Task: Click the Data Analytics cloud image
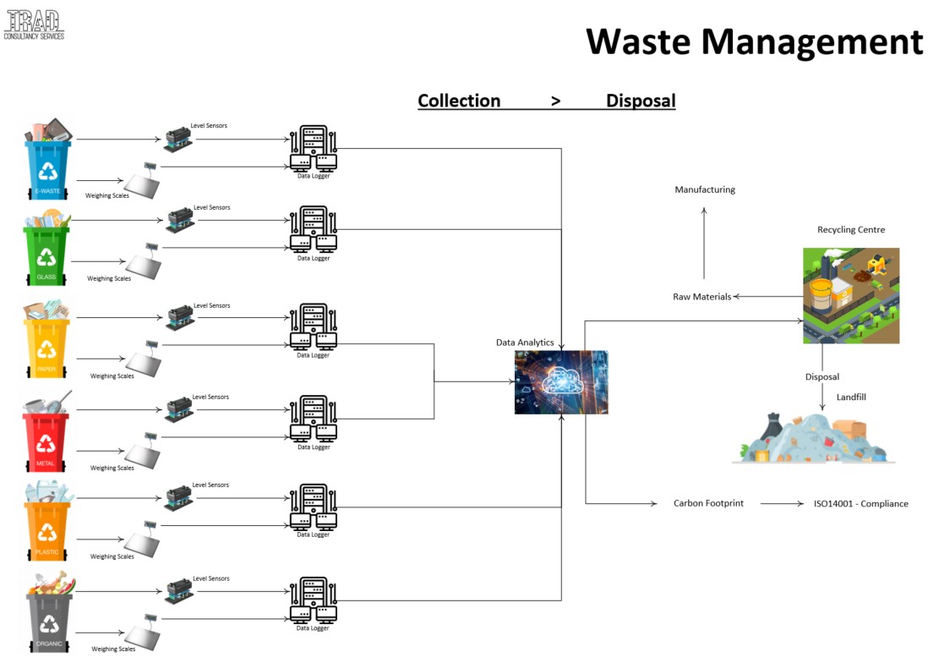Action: pyautogui.click(x=560, y=381)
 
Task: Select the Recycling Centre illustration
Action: pyautogui.click(x=850, y=295)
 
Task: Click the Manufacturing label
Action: pyautogui.click(x=705, y=189)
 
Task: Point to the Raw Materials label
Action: pyautogui.click(x=701, y=297)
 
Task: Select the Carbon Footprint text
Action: pyautogui.click(x=708, y=503)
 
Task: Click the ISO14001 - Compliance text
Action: pyautogui.click(x=860, y=503)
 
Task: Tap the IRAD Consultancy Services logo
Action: pyautogui.click(x=34, y=23)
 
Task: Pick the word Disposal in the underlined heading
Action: pyautogui.click(x=640, y=101)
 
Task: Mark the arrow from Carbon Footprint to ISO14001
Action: pyautogui.click(x=781, y=503)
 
